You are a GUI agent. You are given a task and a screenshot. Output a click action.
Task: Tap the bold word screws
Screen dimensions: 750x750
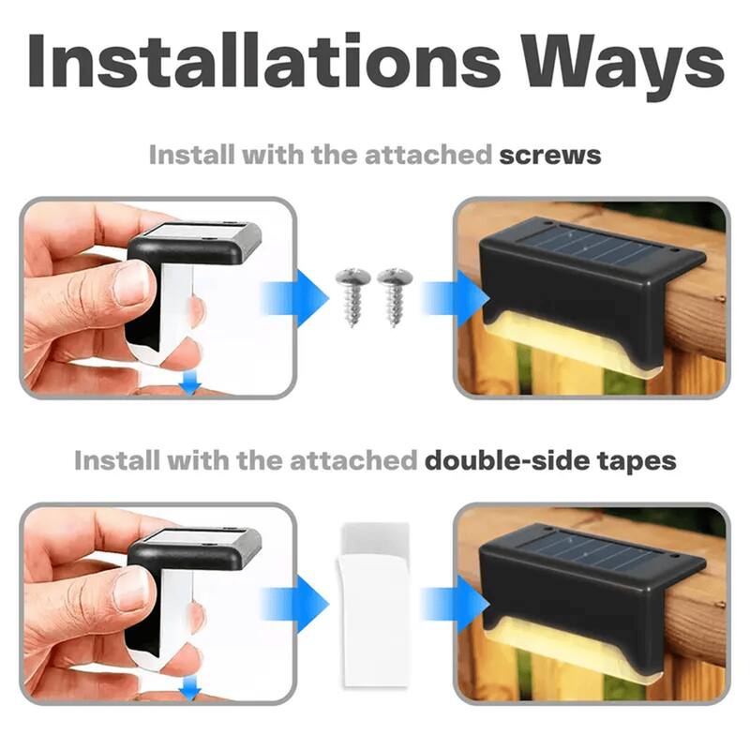pyautogui.click(x=549, y=155)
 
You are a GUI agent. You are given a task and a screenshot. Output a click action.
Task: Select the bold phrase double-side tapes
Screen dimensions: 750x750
pyautogui.click(x=549, y=460)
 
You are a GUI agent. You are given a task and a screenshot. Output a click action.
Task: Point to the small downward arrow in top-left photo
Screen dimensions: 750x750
pyautogui.click(x=193, y=382)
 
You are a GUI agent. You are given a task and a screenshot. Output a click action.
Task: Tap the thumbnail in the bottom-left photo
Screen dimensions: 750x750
pyautogui.click(x=132, y=588)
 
